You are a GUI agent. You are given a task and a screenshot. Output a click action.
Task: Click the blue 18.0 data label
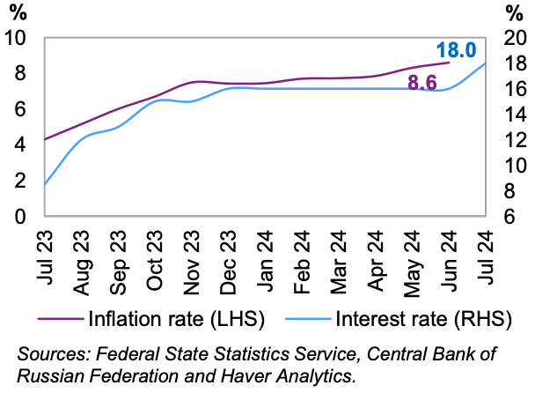point(456,50)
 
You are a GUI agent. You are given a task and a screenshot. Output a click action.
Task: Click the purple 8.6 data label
point(422,84)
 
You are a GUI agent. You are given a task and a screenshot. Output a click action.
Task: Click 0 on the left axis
point(22,216)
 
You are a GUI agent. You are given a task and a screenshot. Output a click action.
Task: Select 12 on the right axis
point(513,140)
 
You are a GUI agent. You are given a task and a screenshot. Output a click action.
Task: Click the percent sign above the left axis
point(18,12)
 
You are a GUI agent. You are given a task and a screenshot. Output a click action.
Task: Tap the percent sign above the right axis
point(516,12)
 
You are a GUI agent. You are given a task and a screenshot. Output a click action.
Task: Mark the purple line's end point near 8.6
point(450,63)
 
